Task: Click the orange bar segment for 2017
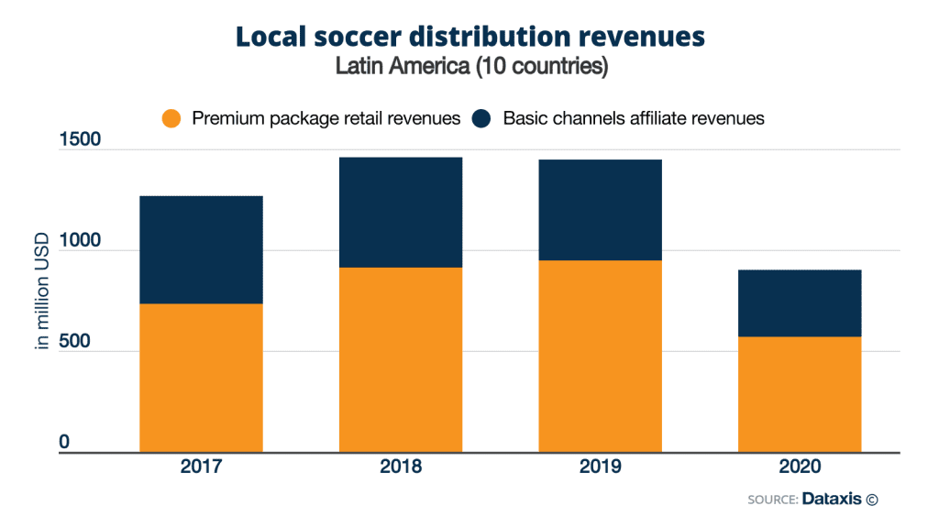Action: click(x=201, y=378)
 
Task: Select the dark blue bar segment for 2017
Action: click(x=201, y=249)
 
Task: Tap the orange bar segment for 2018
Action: click(x=400, y=359)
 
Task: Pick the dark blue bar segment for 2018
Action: click(x=400, y=212)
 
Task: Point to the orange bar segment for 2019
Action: click(x=600, y=356)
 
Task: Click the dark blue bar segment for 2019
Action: click(x=600, y=210)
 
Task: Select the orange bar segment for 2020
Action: click(x=799, y=394)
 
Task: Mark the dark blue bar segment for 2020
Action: click(x=799, y=303)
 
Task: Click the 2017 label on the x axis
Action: click(x=201, y=467)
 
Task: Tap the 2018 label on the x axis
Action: click(x=400, y=467)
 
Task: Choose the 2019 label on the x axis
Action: click(x=600, y=467)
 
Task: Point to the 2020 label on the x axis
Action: click(x=799, y=467)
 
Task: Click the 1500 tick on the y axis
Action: click(x=82, y=140)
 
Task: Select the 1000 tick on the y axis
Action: click(x=82, y=241)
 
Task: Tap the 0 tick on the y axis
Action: click(x=65, y=442)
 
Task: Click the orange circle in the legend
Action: click(x=171, y=119)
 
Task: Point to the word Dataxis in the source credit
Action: click(x=831, y=500)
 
